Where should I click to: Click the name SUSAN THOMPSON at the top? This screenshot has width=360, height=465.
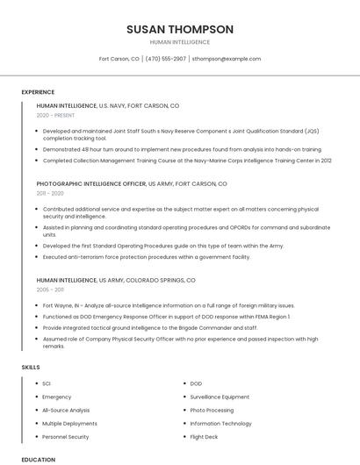tap(180, 29)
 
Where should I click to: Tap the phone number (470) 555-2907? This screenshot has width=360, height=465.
tap(166, 59)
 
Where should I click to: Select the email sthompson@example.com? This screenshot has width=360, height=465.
tap(227, 59)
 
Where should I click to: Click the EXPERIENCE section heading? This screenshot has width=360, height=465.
tap(38, 92)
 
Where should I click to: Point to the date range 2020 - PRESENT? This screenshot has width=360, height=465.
tap(55, 115)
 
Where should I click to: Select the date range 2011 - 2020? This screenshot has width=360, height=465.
tap(50, 193)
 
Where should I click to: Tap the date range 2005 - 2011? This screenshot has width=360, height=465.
tap(50, 289)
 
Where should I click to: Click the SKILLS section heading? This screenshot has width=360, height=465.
tap(31, 367)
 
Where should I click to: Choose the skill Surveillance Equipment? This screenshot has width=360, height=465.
tap(220, 397)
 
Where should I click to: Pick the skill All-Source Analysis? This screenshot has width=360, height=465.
tap(66, 410)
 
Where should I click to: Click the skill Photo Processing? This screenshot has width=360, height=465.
tap(212, 410)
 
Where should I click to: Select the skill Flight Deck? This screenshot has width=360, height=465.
tap(204, 436)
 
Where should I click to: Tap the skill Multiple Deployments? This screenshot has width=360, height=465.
tap(69, 423)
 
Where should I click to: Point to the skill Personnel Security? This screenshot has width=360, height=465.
tap(66, 436)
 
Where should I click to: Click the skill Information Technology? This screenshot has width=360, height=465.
tap(220, 423)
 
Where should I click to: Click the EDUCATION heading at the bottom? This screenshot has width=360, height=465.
tap(38, 459)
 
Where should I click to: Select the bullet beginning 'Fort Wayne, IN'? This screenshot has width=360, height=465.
tap(132, 304)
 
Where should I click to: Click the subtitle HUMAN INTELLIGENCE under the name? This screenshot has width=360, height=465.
tap(180, 42)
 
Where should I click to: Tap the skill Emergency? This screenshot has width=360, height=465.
tap(57, 397)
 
